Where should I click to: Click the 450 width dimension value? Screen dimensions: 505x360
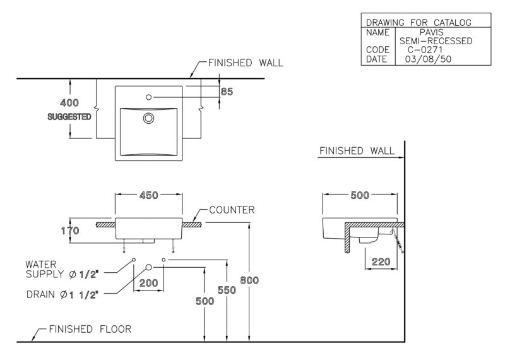148,195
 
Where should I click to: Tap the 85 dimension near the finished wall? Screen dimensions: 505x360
227,92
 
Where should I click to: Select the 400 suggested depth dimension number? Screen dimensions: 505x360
69,103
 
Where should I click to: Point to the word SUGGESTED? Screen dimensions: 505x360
69,117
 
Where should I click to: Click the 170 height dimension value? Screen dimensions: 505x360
70,231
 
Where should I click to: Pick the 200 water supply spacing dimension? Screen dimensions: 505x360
148,283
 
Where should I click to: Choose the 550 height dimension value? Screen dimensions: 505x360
227,290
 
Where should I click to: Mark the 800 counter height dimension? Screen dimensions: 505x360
249,280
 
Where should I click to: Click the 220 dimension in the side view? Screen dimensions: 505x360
381,261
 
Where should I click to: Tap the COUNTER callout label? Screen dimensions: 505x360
232,210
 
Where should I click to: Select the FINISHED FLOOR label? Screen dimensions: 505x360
90,329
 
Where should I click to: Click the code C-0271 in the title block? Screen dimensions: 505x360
425,50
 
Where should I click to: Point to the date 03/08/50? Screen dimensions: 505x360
428,59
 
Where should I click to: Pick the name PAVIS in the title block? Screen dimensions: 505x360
431,32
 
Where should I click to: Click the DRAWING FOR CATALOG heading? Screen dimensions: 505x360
419,23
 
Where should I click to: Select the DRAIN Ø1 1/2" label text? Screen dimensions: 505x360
62,294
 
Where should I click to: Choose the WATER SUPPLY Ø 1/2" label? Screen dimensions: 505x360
62,270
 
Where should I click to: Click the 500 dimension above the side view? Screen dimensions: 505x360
360,195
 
